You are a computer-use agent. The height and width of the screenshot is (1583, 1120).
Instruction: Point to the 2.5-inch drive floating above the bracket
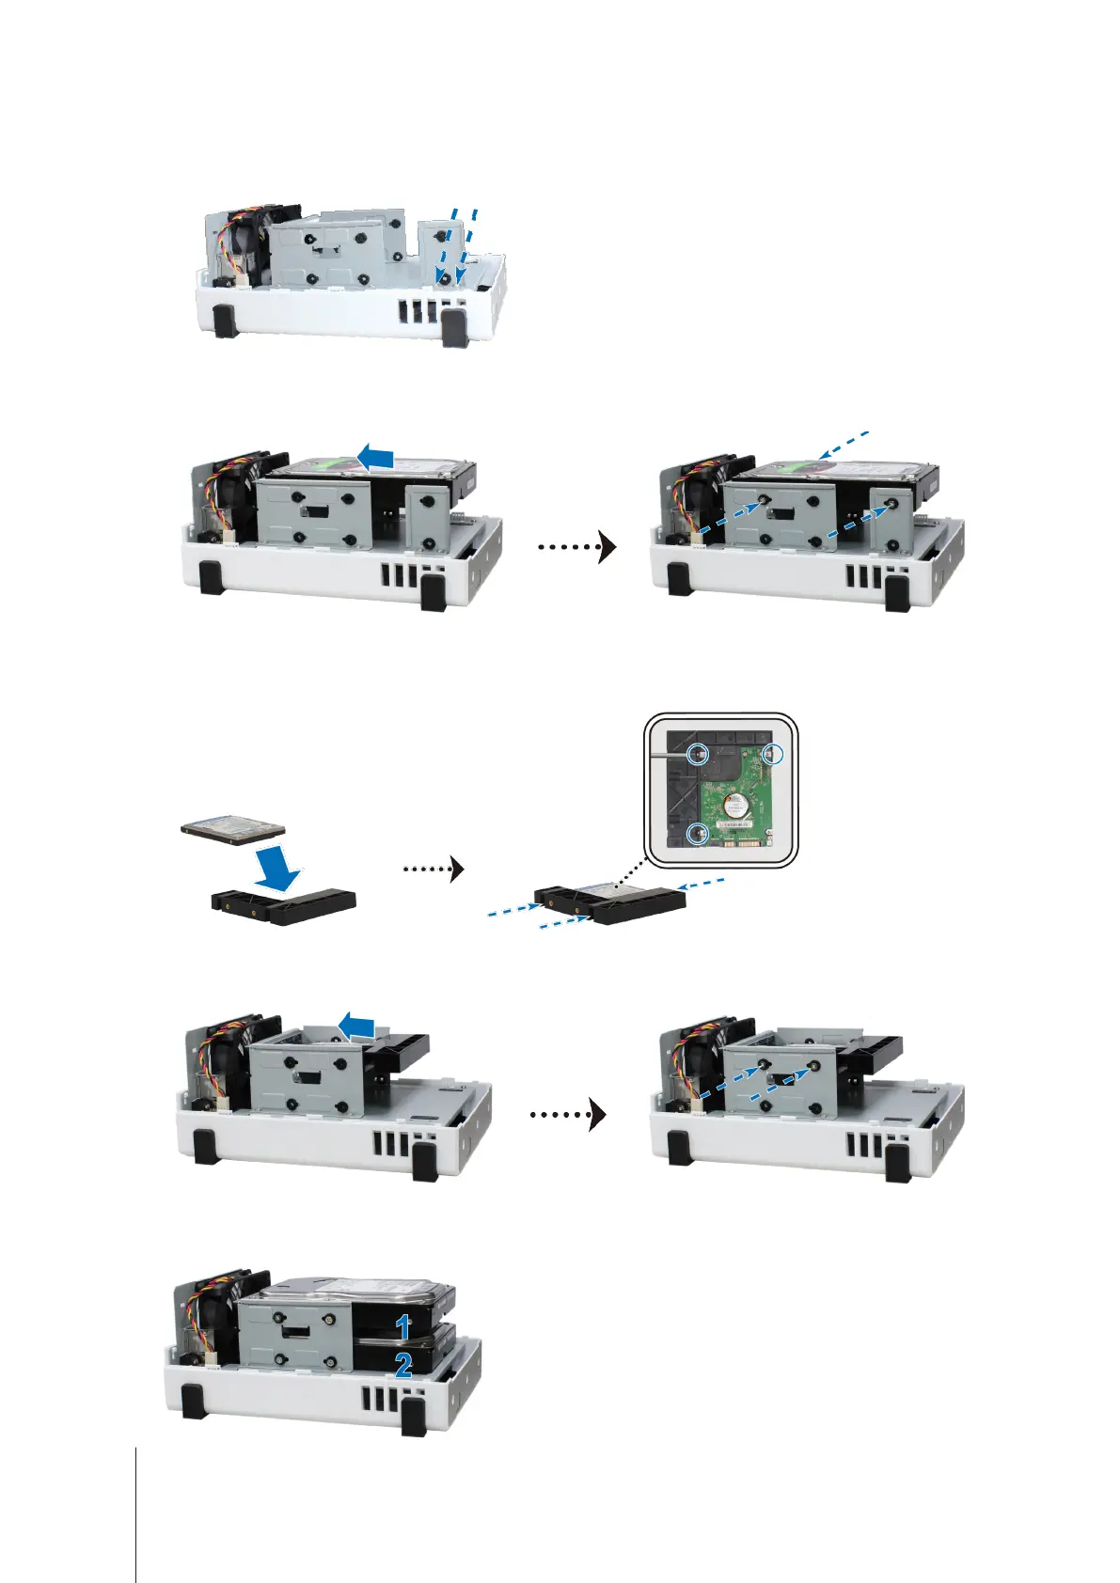[233, 828]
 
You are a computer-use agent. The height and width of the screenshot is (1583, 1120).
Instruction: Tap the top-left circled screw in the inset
[698, 752]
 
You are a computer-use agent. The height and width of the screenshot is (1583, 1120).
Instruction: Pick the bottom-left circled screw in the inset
[698, 833]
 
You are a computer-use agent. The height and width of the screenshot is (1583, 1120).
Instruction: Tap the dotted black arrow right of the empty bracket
[434, 869]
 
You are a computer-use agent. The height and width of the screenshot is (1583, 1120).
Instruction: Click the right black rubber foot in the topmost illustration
[453, 330]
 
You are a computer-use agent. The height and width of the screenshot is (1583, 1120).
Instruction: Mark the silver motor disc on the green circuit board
[735, 801]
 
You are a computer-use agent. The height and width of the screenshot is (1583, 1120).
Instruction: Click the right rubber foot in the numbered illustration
[413, 1417]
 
